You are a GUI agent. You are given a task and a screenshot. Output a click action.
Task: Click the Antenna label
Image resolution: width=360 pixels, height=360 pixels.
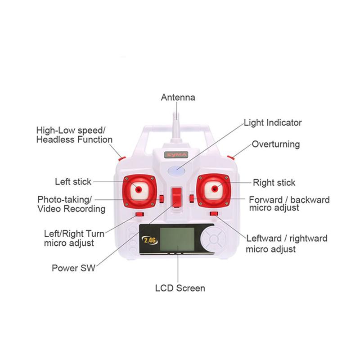pyautogui.click(x=178, y=97)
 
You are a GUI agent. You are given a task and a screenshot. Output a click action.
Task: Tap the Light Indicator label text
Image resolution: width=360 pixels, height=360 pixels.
pyautogui.click(x=273, y=122)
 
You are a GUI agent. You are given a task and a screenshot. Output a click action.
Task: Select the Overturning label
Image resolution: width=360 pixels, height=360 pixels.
pyautogui.click(x=276, y=144)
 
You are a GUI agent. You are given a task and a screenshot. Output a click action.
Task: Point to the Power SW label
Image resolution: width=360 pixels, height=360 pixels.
pyautogui.click(x=73, y=268)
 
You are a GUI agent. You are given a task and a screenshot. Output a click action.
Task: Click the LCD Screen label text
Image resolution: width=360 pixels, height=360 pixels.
pyautogui.click(x=180, y=288)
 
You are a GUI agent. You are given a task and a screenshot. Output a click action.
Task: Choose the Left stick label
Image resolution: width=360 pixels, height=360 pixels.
pyautogui.click(x=73, y=182)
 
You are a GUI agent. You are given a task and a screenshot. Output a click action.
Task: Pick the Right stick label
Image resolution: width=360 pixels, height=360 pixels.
pyautogui.click(x=274, y=183)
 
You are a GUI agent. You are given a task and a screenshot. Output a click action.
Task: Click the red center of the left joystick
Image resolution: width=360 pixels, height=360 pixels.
pyautogui.click(x=139, y=189)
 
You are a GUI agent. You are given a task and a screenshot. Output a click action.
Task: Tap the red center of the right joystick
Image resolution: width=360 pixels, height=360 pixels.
pyautogui.click(x=215, y=189)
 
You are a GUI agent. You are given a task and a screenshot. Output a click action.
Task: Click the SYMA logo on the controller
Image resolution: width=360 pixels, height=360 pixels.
pyautogui.click(x=176, y=154)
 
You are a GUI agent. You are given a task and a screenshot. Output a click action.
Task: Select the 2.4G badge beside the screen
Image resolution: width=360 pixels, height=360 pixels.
pyautogui.click(x=150, y=240)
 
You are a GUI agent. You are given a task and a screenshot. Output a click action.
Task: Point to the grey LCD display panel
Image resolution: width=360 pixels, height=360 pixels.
pyautogui.click(x=177, y=239)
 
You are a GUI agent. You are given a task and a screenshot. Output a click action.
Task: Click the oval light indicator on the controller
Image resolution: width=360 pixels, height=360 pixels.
pyautogui.click(x=176, y=171)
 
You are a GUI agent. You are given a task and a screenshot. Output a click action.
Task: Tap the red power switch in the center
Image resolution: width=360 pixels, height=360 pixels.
pyautogui.click(x=176, y=197)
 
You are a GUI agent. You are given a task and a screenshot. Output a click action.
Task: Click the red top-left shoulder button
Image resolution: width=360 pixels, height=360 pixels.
pyautogui.click(x=122, y=158)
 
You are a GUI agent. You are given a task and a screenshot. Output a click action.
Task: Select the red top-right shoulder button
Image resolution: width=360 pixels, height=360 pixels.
pyautogui.click(x=230, y=157)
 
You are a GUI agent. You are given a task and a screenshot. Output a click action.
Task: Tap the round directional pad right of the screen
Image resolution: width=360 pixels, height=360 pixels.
pyautogui.click(x=213, y=239)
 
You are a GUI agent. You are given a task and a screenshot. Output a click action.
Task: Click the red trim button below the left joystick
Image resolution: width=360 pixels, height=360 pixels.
pyautogui.click(x=139, y=214)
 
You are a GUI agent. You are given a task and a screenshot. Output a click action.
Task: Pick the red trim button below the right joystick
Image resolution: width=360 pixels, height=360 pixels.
pyautogui.click(x=214, y=214)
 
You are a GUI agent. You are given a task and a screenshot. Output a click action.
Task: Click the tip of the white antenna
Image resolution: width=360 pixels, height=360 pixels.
pyautogui.click(x=176, y=112)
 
